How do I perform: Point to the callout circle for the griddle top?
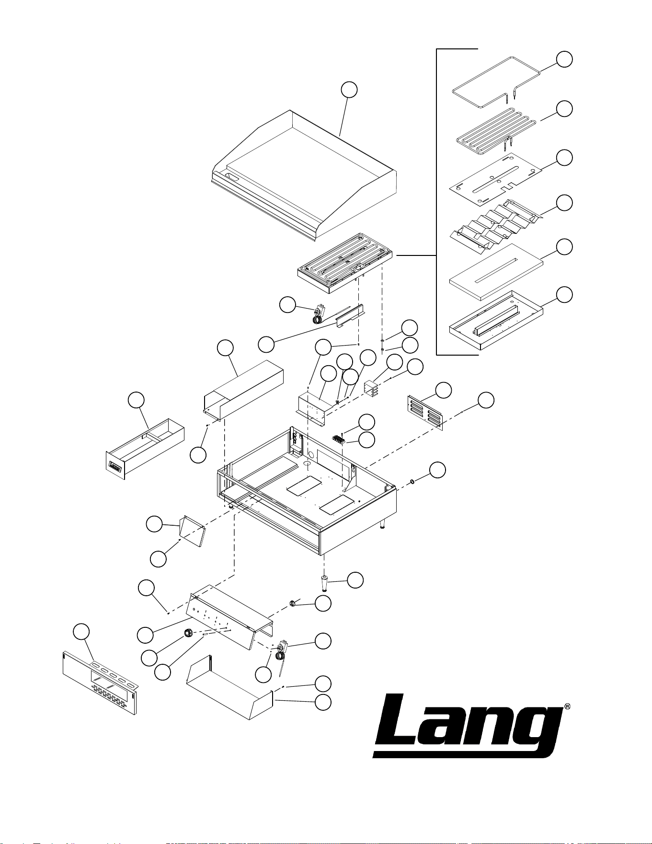pyautogui.click(x=349, y=90)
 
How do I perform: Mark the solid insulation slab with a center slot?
pyautogui.click(x=496, y=271)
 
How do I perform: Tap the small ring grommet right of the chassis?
pyautogui.click(x=411, y=481)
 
